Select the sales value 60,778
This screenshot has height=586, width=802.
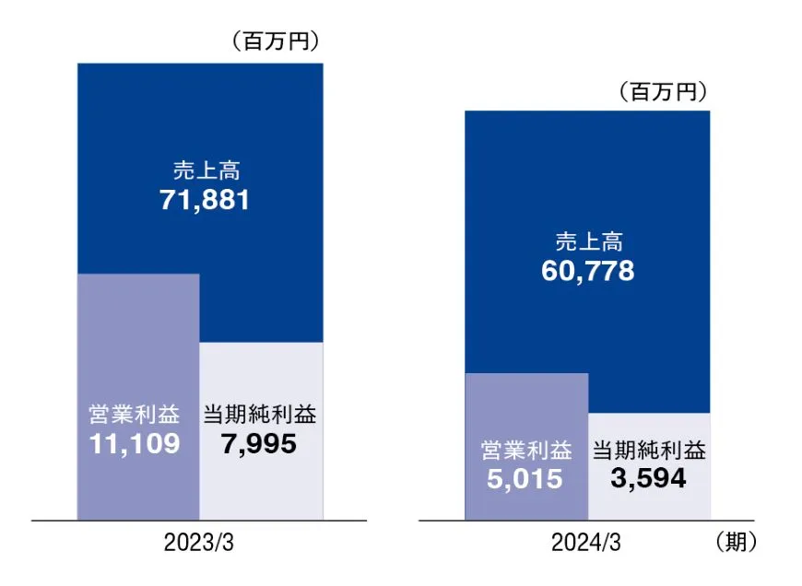click(588, 272)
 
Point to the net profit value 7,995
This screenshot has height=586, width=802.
click(259, 444)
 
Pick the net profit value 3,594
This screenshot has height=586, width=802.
click(648, 479)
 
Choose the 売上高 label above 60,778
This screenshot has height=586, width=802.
click(588, 242)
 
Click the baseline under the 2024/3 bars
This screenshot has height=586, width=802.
click(587, 521)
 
